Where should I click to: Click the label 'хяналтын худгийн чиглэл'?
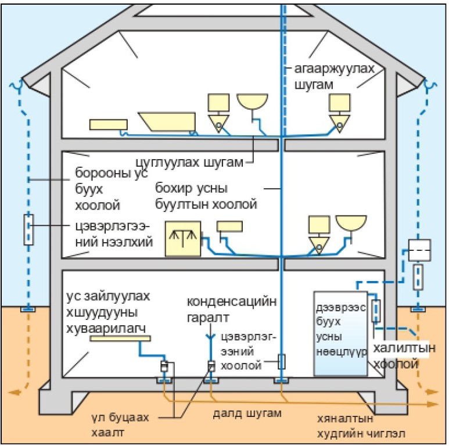pyautogui.click(x=365, y=426)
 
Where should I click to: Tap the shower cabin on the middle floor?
pyautogui.click(x=182, y=239)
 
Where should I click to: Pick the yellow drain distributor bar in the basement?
pyautogui.click(x=120, y=338)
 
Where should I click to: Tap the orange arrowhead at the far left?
pyautogui.click(x=16, y=393)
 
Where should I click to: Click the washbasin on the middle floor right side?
pyautogui.click(x=351, y=223)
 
